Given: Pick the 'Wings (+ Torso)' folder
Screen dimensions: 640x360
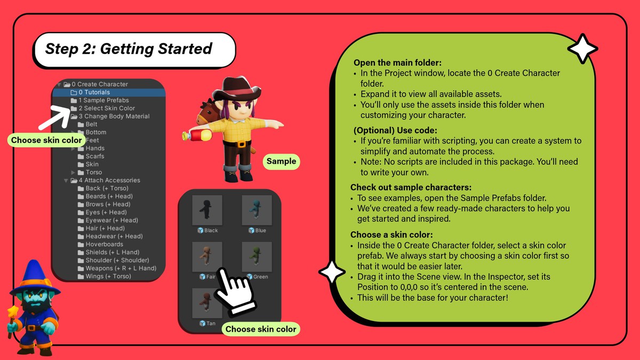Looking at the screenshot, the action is (105, 276).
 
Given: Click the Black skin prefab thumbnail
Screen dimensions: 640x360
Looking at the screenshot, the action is (207, 210).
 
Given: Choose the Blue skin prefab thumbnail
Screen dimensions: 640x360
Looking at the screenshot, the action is (257, 210).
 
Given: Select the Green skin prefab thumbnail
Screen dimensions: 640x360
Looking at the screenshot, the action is (257, 257).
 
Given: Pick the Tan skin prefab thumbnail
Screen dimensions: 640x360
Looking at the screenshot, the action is (207, 303).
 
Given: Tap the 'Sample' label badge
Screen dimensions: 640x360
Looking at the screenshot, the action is (282, 162).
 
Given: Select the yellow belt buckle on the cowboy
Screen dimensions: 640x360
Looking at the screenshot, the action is (242, 144).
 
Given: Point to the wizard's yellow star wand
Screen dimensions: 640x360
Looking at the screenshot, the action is (13, 317).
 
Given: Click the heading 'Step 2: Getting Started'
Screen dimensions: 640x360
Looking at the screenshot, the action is (129, 49).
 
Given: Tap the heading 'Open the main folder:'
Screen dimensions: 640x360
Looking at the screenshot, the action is (397, 62).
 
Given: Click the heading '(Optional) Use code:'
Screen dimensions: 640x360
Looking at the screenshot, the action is (395, 130).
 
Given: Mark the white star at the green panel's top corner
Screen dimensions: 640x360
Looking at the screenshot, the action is (582, 49).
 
